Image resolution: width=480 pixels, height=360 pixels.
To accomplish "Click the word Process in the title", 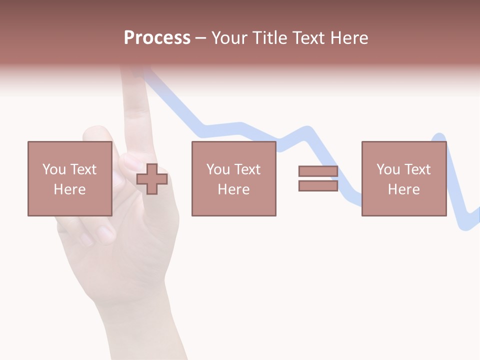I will click(x=157, y=38).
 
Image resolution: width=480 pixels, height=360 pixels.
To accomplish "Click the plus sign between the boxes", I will click(x=152, y=179).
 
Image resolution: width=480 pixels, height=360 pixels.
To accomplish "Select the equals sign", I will click(x=318, y=178).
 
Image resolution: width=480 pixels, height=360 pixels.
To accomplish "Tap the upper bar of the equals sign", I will click(x=318, y=171).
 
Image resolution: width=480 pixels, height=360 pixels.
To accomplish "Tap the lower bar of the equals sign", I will click(x=318, y=185).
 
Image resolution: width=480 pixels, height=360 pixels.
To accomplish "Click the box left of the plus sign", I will click(x=69, y=178).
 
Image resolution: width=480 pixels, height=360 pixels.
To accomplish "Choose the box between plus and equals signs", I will click(x=233, y=178).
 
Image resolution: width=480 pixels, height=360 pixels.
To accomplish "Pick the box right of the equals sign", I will click(x=403, y=178).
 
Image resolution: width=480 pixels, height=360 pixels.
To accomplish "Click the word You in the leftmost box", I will click(x=53, y=169).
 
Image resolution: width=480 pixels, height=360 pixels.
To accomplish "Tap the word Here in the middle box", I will click(x=233, y=189).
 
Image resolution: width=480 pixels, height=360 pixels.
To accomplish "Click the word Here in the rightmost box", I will click(x=403, y=189).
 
